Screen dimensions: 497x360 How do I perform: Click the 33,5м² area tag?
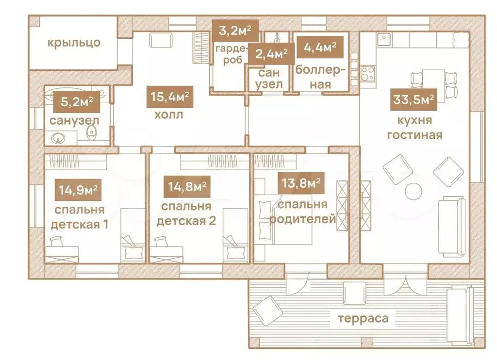pyautogui.click(x=414, y=99)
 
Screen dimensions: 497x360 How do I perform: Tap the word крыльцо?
pyautogui.click(x=74, y=43)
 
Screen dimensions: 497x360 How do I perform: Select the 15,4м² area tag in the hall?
pyautogui.click(x=170, y=97)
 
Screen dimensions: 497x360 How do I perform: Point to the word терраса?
pyautogui.click(x=363, y=318)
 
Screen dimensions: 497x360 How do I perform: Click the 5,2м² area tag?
pyautogui.click(x=76, y=102)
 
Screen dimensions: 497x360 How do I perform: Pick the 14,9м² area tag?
pyautogui.click(x=78, y=190)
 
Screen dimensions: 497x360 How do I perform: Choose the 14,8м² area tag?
pyautogui.click(x=187, y=186)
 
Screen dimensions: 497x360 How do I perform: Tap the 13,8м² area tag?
pyautogui.click(x=301, y=183)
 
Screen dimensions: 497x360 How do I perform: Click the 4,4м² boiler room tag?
pyautogui.click(x=320, y=47)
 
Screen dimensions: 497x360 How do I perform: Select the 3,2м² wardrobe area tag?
pyautogui.click(x=235, y=31)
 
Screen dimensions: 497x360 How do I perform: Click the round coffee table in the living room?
pyautogui.click(x=414, y=192)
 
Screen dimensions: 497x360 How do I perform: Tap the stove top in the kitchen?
pyautogui.click(x=368, y=73)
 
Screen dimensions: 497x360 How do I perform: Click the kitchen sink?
pyautogui.click(x=384, y=39)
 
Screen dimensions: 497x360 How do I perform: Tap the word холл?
pyautogui.click(x=168, y=115)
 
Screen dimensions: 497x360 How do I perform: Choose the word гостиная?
pyautogui.click(x=414, y=135)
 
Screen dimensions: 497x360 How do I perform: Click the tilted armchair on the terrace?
pyautogui.click(x=268, y=311)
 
